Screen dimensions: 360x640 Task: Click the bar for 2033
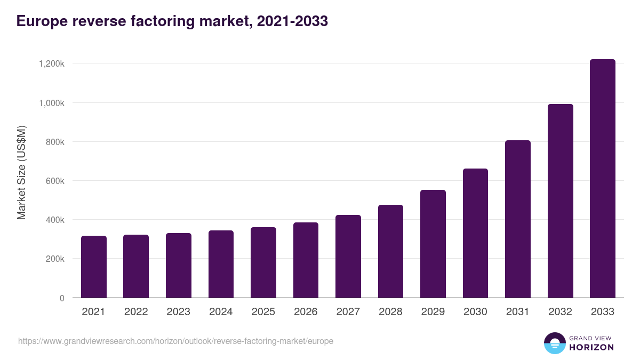click(602, 179)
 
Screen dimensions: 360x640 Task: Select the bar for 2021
click(94, 267)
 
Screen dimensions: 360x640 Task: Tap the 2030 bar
click(475, 233)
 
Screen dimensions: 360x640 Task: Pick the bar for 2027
click(348, 257)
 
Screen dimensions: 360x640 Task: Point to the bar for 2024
click(221, 264)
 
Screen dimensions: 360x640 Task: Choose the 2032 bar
click(560, 201)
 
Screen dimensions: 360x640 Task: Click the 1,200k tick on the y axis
click(52, 63)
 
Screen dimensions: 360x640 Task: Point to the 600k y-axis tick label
click(54, 181)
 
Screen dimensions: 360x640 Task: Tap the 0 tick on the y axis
click(62, 298)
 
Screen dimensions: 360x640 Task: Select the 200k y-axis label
click(54, 259)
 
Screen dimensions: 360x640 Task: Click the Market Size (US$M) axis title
click(21, 173)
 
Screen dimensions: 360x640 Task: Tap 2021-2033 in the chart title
click(292, 21)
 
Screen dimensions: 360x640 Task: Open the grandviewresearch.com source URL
click(175, 341)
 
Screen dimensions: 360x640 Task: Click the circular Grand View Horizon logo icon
click(554, 343)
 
